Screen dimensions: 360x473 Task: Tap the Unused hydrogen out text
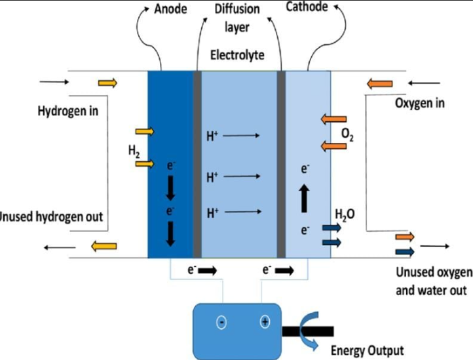(x=52, y=217)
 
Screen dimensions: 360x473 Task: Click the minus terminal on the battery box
(x=222, y=323)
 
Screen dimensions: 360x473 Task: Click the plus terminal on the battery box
(x=265, y=322)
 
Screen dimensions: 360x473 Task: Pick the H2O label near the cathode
(x=345, y=214)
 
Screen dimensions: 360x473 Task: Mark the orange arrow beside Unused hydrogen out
(x=104, y=246)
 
